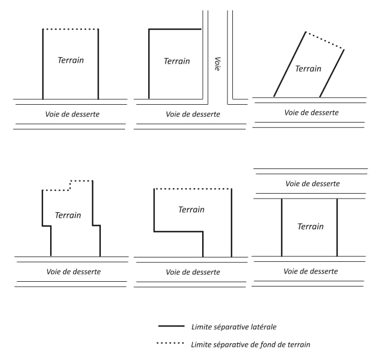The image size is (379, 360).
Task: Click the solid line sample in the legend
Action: click(171, 326)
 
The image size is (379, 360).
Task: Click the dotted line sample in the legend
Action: click(170, 343)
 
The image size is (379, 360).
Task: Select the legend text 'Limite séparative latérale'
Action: click(234, 327)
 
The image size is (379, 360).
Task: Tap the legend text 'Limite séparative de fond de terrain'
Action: click(251, 344)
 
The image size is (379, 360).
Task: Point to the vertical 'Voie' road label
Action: click(218, 64)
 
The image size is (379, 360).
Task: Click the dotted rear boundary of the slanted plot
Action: click(325, 40)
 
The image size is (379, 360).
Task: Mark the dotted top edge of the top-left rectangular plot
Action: click(71, 29)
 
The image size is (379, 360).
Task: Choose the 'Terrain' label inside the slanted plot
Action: click(308, 69)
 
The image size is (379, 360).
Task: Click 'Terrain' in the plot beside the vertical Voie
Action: click(177, 61)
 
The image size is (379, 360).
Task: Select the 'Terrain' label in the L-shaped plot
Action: click(191, 209)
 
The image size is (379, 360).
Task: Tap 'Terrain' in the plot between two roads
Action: click(311, 227)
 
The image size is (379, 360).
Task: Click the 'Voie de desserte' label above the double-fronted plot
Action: click(313, 184)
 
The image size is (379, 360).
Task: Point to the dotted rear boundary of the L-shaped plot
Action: click(192, 189)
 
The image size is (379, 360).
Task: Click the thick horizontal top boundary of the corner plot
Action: click(175, 29)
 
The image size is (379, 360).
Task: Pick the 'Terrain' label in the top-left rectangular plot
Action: click(71, 60)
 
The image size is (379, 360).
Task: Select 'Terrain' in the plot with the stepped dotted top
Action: click(68, 215)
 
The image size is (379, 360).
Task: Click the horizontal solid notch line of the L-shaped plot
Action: click(178, 232)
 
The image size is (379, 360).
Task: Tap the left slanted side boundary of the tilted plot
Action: click(290, 64)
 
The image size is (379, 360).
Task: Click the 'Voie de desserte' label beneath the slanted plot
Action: click(312, 112)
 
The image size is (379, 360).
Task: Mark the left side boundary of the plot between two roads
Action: click(281, 227)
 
